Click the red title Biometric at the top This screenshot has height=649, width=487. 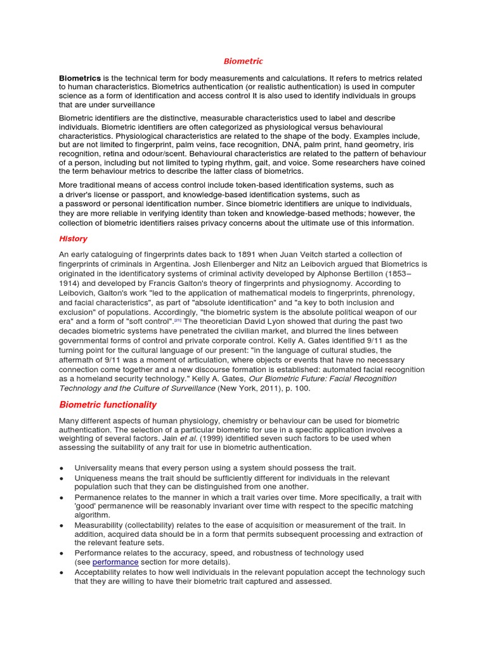click(x=243, y=61)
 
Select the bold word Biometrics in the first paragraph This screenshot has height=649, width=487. click(x=80, y=78)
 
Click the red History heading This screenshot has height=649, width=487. click(x=73, y=239)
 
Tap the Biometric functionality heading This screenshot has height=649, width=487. click(x=108, y=404)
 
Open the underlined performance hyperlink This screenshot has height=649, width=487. click(x=115, y=562)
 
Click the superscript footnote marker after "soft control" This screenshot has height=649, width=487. click(x=178, y=320)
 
